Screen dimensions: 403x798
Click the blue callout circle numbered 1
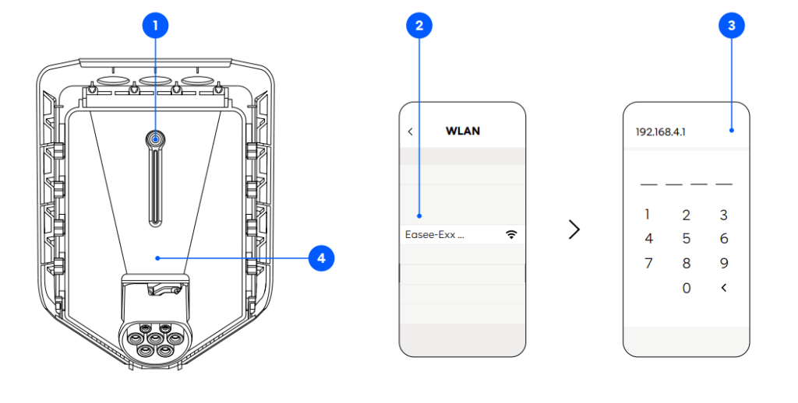[x=155, y=26]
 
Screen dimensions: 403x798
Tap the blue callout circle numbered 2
[x=419, y=26]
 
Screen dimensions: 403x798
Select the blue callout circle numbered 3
[x=731, y=26]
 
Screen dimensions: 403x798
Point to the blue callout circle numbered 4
[x=322, y=258]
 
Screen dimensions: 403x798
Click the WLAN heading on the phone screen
[x=462, y=131]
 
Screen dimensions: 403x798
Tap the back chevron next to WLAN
[x=411, y=131]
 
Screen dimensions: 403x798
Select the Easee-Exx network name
[x=434, y=234]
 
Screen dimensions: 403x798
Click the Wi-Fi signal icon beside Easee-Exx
[x=511, y=234]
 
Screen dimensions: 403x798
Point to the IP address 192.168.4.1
[x=661, y=131]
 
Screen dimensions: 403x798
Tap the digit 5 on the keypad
[x=686, y=239]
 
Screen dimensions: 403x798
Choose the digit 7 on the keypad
[x=648, y=263]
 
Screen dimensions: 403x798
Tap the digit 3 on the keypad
[x=723, y=216]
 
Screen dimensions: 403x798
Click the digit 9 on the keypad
[x=723, y=263]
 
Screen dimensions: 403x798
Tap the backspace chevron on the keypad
[x=723, y=288]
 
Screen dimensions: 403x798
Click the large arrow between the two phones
[x=574, y=230]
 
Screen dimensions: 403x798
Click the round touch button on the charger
[x=156, y=138]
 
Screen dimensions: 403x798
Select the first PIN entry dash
[x=648, y=184]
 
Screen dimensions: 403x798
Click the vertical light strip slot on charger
[x=156, y=187]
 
